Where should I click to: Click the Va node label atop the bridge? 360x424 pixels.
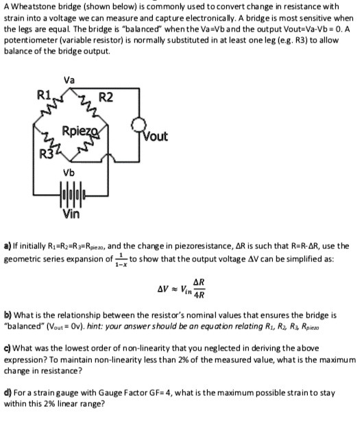click(x=69, y=80)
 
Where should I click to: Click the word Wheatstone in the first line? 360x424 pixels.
click(x=34, y=5)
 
